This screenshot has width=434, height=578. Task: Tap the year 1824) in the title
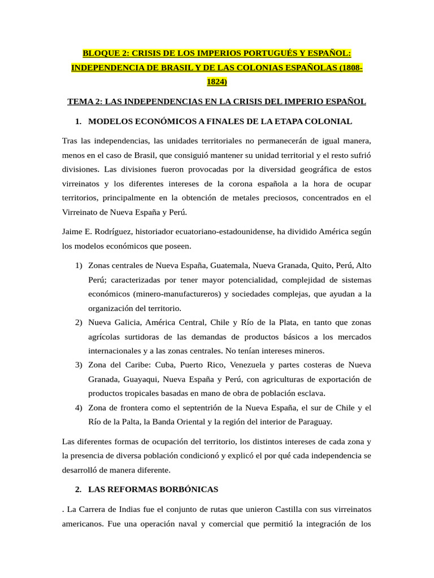pos(216,82)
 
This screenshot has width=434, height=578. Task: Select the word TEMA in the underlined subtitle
pos(80,102)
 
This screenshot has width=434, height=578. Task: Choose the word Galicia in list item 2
pos(127,322)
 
